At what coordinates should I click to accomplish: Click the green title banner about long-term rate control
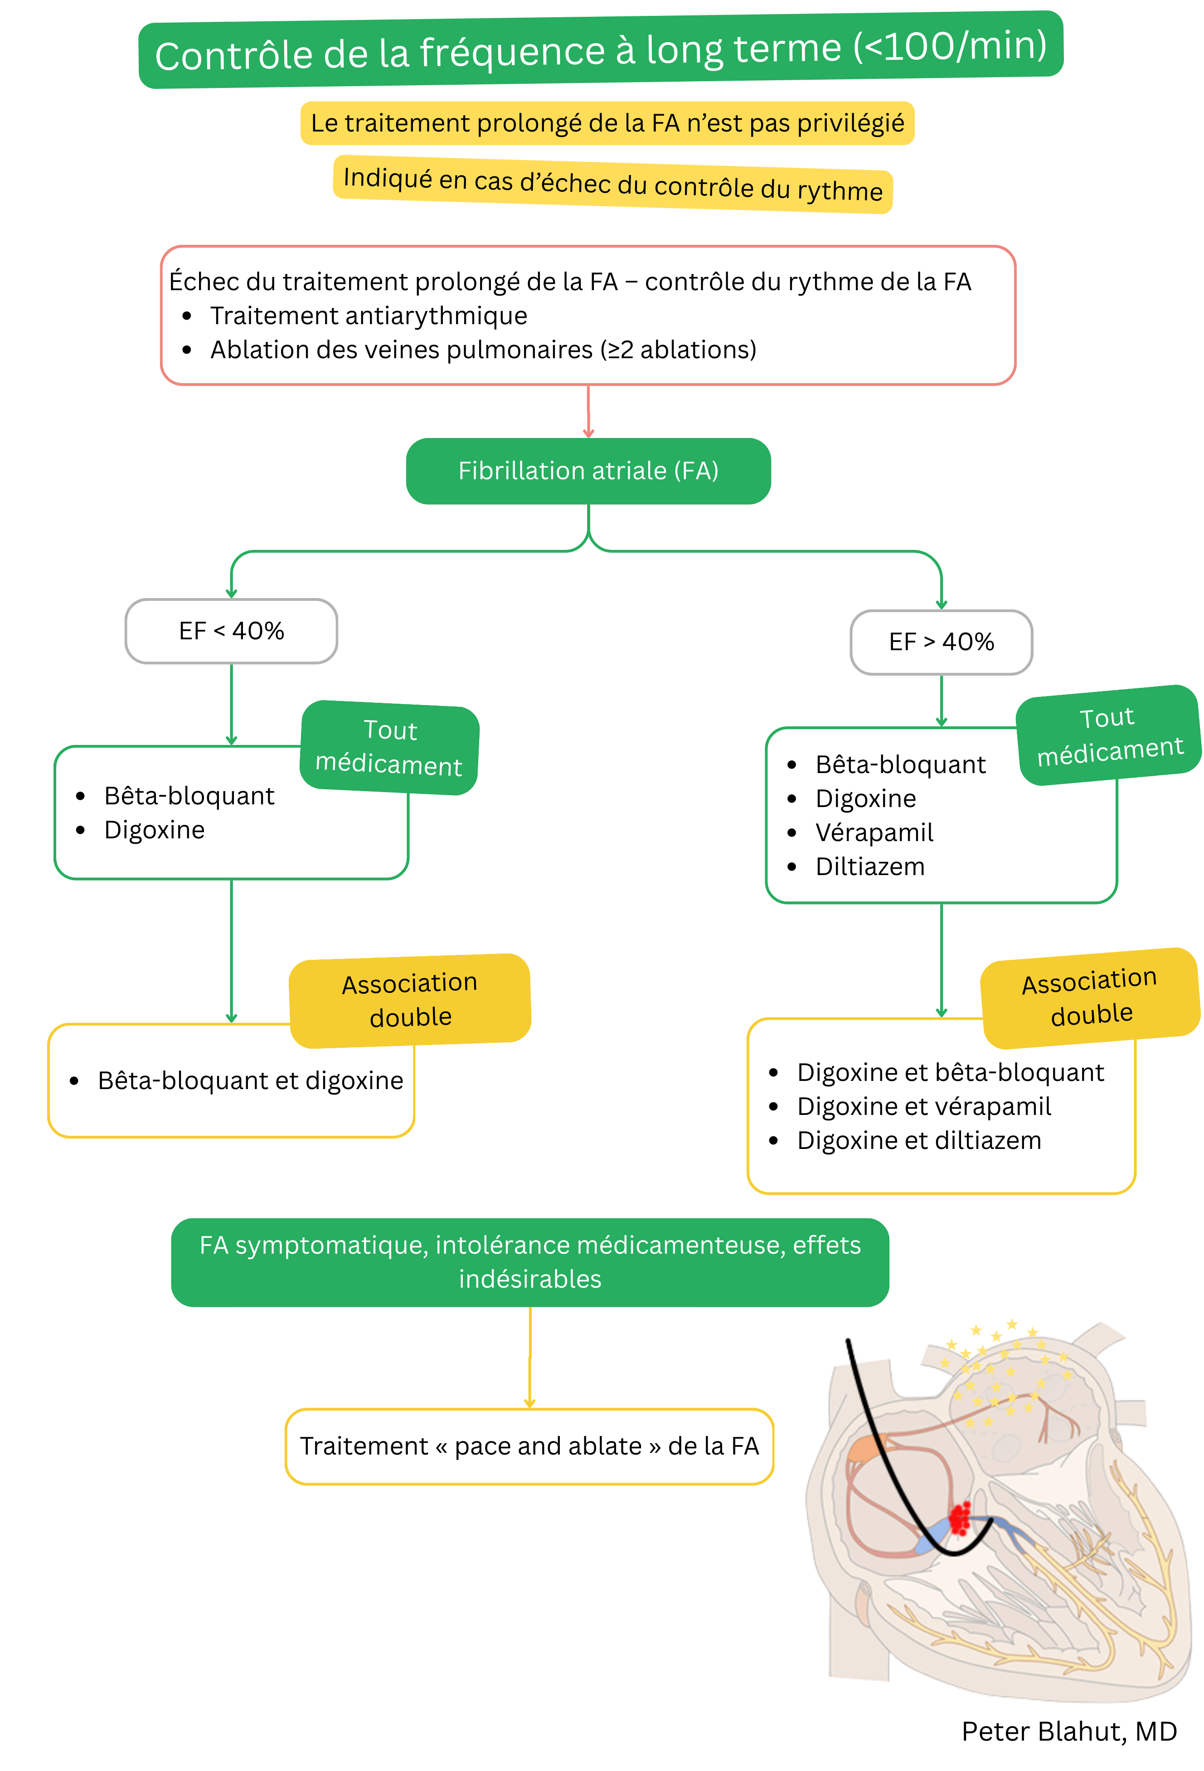[601, 50]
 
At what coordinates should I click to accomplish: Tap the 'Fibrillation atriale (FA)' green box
[588, 471]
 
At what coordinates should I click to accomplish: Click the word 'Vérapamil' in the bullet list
[874, 832]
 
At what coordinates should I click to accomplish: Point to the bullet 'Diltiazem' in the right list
[869, 866]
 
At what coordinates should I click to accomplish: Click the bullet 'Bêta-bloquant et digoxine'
[250, 1080]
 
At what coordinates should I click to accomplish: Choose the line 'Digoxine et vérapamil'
[923, 1106]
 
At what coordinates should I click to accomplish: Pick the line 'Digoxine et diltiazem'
[918, 1141]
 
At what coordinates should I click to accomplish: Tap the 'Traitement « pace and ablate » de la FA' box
[529, 1446]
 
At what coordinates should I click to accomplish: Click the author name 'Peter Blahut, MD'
[1069, 1732]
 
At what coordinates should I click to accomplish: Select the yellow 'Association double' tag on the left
[410, 1000]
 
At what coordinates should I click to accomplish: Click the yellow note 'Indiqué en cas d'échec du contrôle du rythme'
[613, 185]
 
